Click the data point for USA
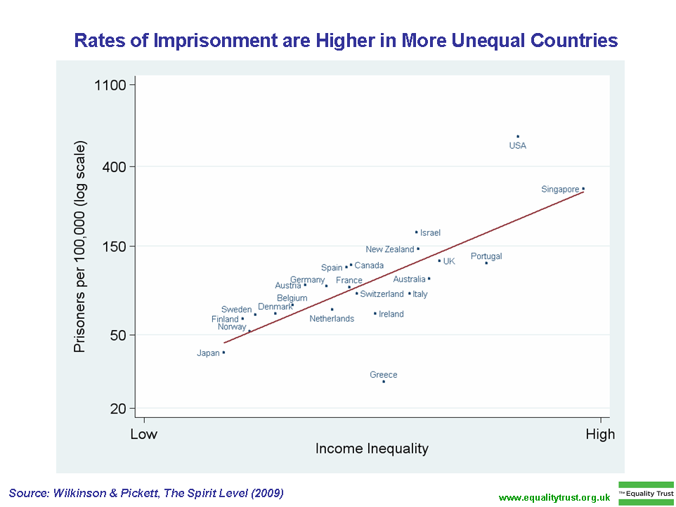(x=518, y=136)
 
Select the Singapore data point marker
(x=583, y=188)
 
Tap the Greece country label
(x=384, y=375)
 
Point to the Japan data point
(x=223, y=353)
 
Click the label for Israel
(x=430, y=233)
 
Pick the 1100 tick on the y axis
(x=109, y=85)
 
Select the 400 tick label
(x=113, y=166)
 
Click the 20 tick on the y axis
(x=117, y=409)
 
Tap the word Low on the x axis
(x=144, y=434)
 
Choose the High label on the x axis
(x=600, y=434)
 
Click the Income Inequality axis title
(x=372, y=449)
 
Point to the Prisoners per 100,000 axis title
(x=80, y=247)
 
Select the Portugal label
(x=486, y=256)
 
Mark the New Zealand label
(x=390, y=249)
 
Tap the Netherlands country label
(x=332, y=319)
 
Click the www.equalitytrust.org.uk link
(x=554, y=497)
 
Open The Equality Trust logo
(x=646, y=493)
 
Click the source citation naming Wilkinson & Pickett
(x=146, y=493)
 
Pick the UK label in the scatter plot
(x=449, y=261)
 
